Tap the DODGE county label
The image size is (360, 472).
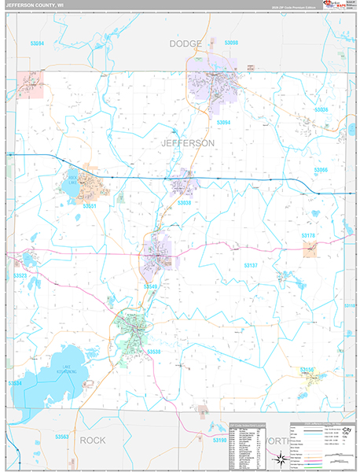[186, 44]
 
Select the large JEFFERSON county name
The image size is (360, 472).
[187, 143]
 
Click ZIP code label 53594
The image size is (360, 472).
[37, 43]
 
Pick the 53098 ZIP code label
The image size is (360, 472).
[231, 42]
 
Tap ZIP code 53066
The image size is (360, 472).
[321, 170]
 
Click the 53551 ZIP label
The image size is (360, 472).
[89, 206]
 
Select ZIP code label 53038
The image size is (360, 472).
[184, 203]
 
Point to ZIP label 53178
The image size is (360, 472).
[307, 235]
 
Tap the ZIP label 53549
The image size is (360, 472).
[151, 286]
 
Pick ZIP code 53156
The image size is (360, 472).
[307, 369]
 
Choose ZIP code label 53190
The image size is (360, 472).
[219, 441]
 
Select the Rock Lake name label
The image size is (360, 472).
[73, 179]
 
